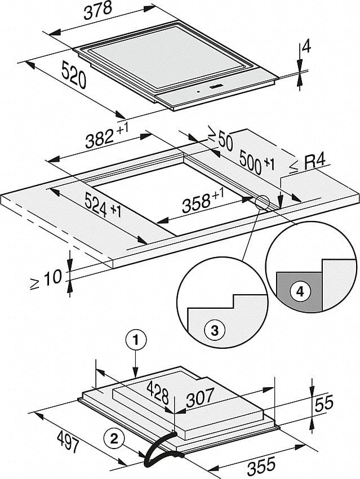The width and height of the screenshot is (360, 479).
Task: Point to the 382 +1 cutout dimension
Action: [107, 136]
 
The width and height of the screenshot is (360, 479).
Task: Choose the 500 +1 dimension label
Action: [255, 162]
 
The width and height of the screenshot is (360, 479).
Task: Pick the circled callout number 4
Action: [300, 291]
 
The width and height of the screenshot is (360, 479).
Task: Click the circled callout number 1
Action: [135, 340]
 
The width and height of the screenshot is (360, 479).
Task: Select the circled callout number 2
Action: [113, 436]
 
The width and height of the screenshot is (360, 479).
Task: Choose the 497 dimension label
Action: [68, 442]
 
